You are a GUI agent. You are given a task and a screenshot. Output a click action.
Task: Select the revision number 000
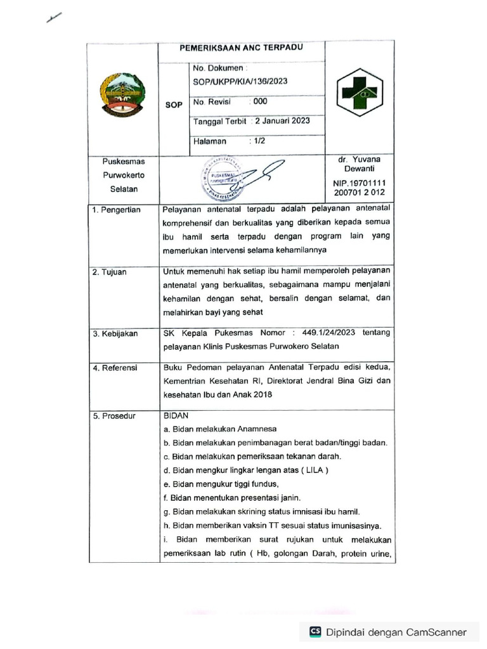[260, 101]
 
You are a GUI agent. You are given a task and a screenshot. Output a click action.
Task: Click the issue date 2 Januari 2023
[282, 121]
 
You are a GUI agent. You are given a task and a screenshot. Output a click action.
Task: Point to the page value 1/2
[259, 141]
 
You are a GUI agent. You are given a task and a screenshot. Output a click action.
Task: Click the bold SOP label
[174, 105]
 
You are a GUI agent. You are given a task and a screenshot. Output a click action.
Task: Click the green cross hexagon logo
[360, 94]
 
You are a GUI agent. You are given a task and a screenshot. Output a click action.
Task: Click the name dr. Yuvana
[360, 160]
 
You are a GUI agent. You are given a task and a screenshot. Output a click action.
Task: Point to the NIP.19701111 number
[360, 183]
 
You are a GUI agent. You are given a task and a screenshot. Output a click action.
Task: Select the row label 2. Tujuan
[110, 272]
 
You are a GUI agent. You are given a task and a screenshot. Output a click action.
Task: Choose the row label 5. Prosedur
[114, 416]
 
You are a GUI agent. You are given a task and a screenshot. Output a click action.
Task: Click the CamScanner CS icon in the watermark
[315, 632]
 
